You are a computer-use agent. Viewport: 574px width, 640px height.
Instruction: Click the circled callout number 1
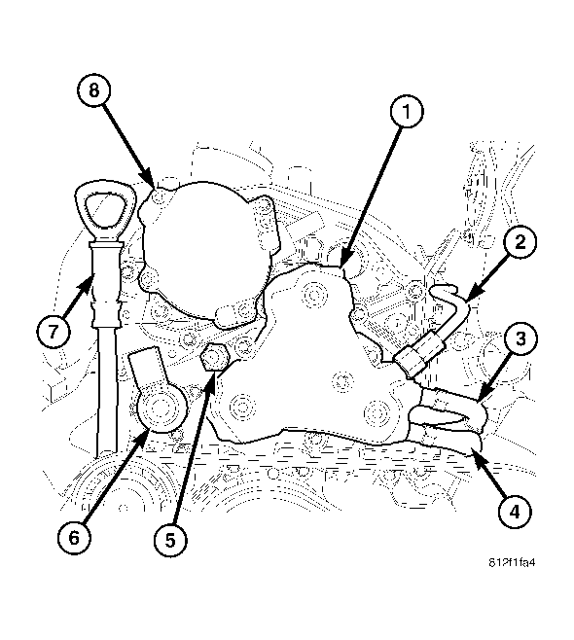point(407,112)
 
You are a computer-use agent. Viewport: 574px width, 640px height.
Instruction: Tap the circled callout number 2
point(520,242)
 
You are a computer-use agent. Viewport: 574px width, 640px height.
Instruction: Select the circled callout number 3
point(520,338)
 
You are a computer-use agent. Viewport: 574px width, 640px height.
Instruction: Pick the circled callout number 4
point(515,511)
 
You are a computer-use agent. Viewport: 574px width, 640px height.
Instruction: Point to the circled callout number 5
point(170,540)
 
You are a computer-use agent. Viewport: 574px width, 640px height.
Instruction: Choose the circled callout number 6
point(74,538)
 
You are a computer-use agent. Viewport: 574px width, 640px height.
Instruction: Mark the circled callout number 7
point(54,331)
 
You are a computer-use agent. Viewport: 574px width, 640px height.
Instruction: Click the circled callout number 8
point(94,89)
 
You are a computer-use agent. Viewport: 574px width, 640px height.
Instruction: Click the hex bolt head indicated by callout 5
point(215,356)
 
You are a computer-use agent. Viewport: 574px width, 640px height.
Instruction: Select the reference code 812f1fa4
point(512,562)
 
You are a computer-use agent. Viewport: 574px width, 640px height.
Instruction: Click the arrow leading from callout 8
point(129,147)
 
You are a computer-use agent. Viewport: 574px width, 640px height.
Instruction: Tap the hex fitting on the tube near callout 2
point(418,355)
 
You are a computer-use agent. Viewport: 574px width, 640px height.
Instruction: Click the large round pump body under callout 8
point(206,244)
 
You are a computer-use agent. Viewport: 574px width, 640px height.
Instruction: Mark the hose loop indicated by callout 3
point(449,413)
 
